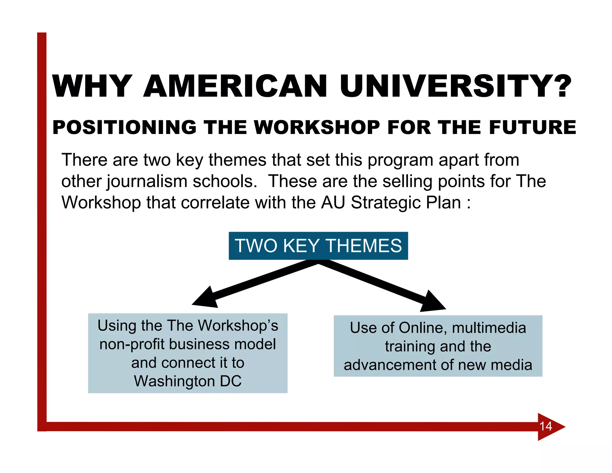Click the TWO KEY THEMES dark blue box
[x=318, y=246]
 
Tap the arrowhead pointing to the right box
[x=432, y=302]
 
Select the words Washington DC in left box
[x=188, y=381]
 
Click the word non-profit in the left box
[x=131, y=344]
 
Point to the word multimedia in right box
[x=489, y=328]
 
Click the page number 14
[x=546, y=426]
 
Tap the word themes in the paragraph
[x=237, y=160]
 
